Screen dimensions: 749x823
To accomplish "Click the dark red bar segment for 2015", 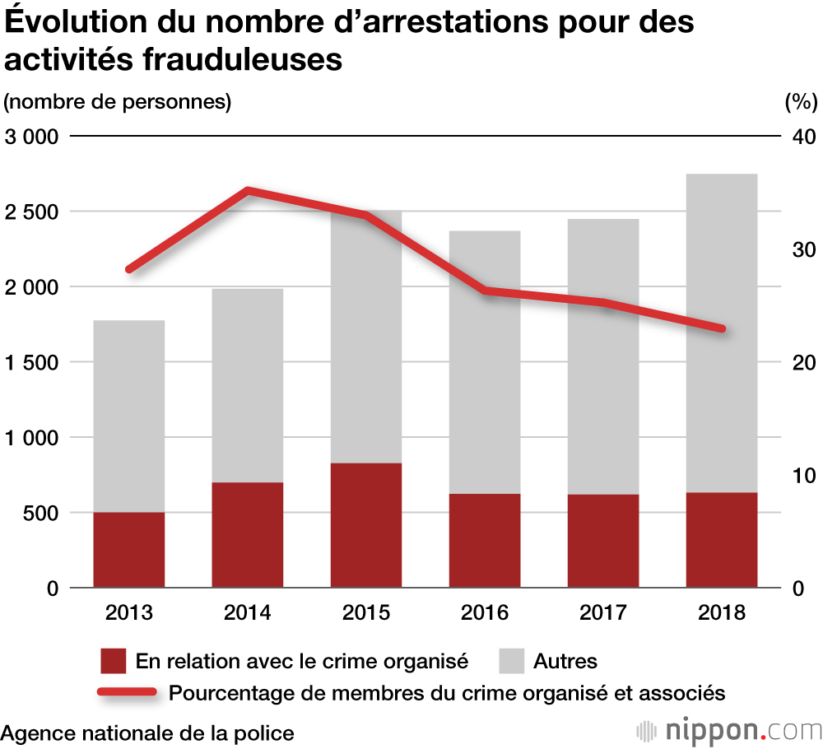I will coord(366,525).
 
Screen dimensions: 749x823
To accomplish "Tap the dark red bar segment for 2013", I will coord(129,550).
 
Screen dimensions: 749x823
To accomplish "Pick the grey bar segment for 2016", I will coord(485,362).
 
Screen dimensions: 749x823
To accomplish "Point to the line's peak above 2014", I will coord(249,191).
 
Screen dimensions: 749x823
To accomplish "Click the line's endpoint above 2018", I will coord(722,328).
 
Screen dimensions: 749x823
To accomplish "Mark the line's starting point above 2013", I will coord(129,269).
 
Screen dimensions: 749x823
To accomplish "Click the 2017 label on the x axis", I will coord(603,613).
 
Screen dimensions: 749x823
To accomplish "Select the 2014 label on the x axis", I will coord(248,613).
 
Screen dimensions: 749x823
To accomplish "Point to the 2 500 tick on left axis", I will coord(31,212).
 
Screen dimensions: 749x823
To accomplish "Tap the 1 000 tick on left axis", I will coord(31,438).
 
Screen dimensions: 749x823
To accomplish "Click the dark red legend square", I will coord(114,661).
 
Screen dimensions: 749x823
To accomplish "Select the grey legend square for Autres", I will coord(511,661).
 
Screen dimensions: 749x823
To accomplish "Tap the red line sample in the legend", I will coord(127,693).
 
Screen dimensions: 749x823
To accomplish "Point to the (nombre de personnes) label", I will coord(118,102).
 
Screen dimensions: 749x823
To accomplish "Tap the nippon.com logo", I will coord(731,730).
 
